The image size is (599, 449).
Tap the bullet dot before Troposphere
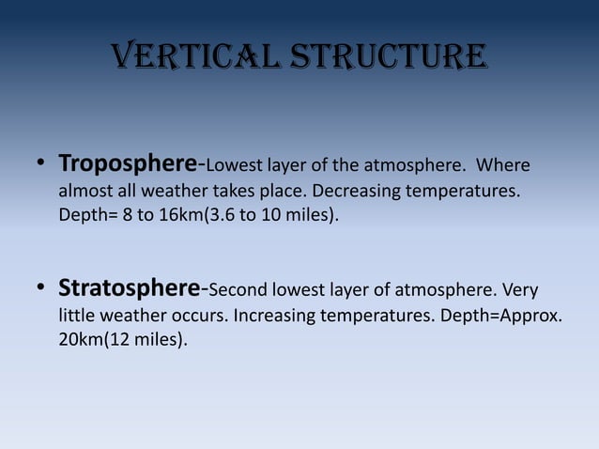(41, 166)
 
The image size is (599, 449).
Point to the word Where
(504, 166)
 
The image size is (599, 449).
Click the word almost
(84, 191)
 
